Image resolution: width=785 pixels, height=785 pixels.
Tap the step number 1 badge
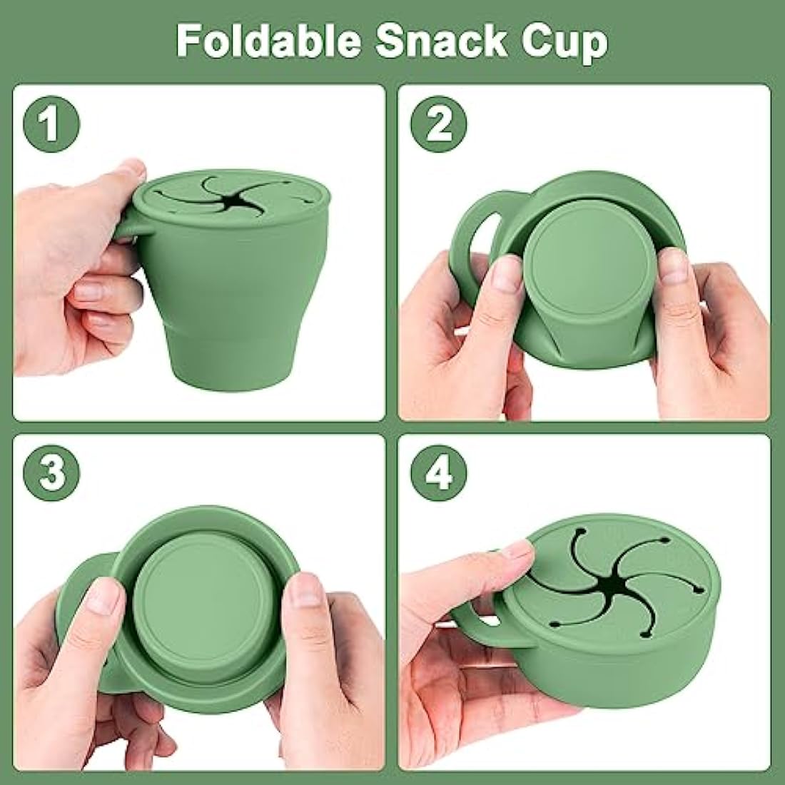[x=51, y=123]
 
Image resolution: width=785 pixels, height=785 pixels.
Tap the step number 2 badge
[x=439, y=123]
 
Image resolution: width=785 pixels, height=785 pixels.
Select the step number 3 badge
[x=51, y=473]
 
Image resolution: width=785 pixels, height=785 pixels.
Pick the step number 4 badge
[x=439, y=473]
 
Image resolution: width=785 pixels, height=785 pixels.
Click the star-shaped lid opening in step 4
[x=614, y=582]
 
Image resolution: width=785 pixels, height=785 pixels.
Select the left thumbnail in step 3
[x=103, y=597]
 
